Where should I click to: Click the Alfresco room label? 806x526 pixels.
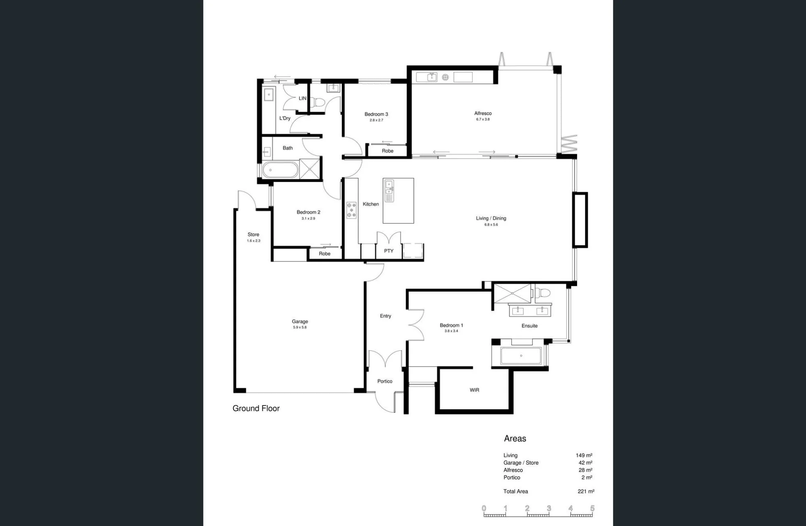tap(483, 114)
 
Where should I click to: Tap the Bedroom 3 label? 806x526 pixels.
tap(376, 114)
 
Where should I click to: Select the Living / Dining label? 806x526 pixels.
tap(491, 218)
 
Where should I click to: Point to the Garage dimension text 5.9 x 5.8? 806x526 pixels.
tap(300, 327)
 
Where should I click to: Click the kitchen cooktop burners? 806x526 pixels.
tap(351, 210)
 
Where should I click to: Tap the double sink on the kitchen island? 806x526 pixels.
tap(389, 191)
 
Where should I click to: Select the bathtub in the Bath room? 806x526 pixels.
tap(280, 170)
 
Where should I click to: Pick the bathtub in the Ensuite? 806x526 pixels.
tap(521, 356)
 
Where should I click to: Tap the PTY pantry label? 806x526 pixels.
tap(388, 251)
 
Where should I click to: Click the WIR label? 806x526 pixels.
tap(474, 390)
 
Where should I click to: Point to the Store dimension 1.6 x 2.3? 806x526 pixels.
tap(253, 241)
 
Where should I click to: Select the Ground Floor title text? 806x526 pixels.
tap(256, 408)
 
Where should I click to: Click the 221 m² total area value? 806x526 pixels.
tap(586, 491)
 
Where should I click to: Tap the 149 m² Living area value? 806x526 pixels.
tap(584, 456)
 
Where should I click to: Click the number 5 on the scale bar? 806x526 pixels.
tap(592, 508)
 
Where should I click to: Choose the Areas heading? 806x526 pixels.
tap(515, 439)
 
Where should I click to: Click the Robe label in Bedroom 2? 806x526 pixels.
tap(324, 254)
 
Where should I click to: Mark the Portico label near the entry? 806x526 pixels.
tap(385, 381)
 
